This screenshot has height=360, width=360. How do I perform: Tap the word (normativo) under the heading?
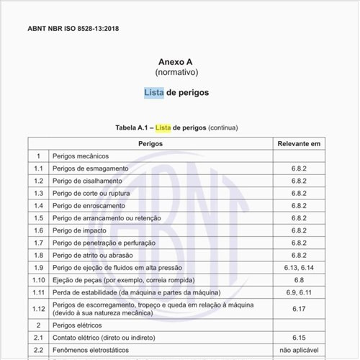point(176,73)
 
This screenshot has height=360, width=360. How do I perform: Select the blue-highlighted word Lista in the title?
point(153,93)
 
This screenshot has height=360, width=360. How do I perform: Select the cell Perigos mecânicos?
point(80,156)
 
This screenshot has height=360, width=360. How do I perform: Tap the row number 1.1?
point(39,168)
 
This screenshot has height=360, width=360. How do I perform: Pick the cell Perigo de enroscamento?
point(91,205)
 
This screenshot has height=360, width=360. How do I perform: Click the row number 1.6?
point(39,230)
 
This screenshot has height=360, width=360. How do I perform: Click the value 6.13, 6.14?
point(299,267)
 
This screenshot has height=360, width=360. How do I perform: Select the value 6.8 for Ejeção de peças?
point(299,279)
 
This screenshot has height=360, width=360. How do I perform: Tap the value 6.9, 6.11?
point(299,292)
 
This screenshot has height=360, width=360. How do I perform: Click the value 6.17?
point(299,308)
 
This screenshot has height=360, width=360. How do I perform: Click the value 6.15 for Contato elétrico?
point(299,336)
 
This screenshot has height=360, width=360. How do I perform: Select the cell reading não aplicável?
point(299,349)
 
